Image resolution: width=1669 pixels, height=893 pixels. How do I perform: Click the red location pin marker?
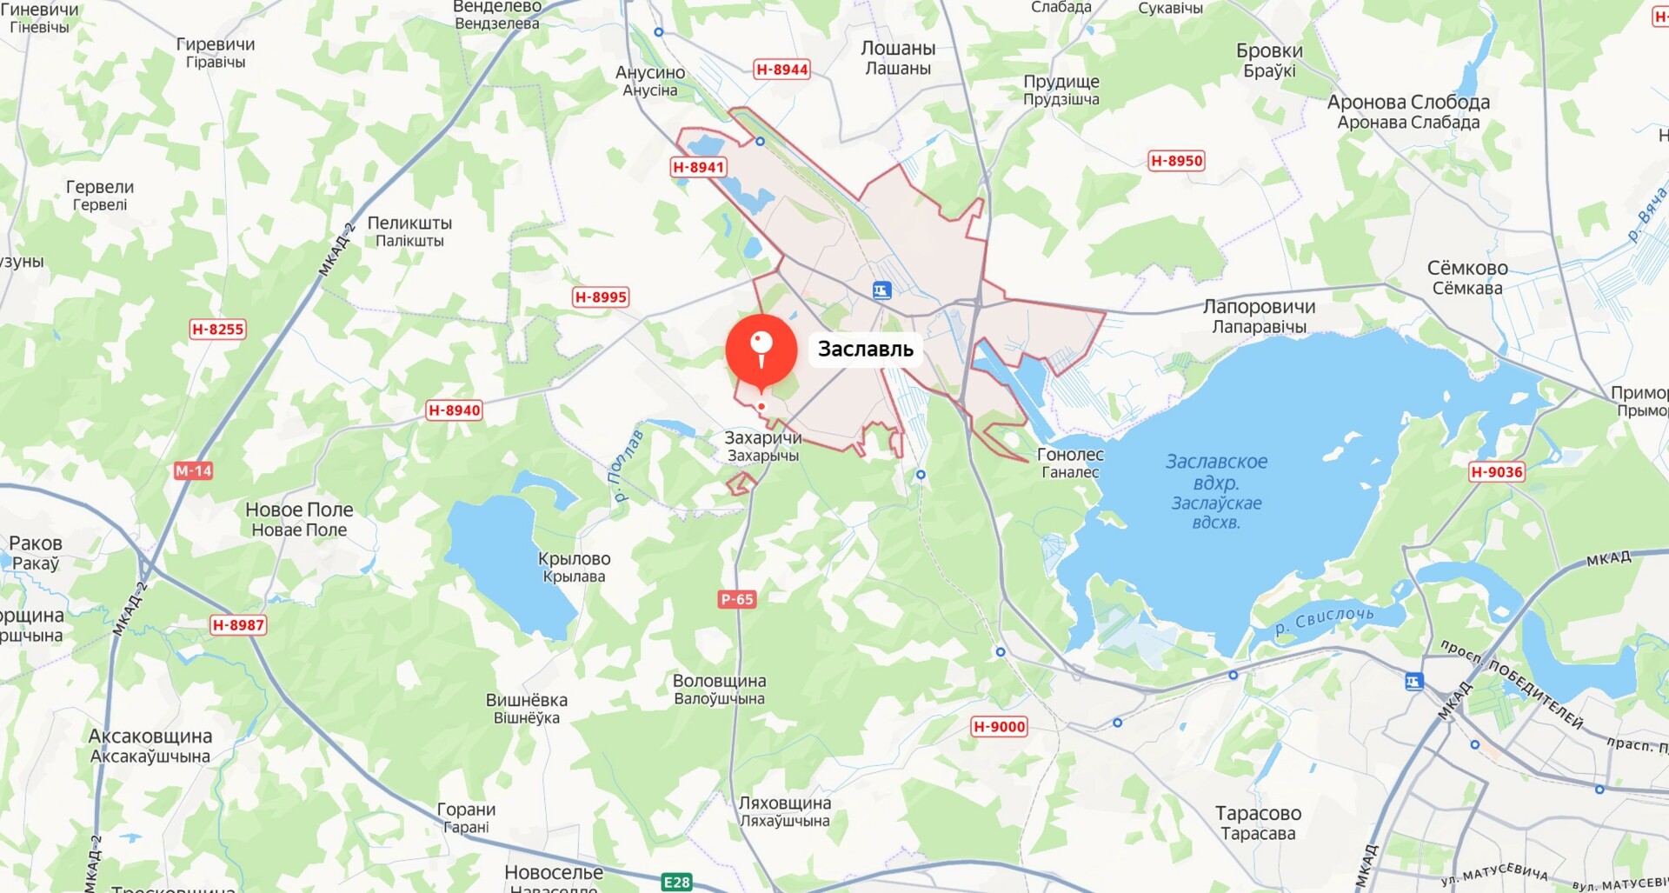point(761,350)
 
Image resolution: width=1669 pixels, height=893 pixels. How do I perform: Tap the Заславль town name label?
point(865,350)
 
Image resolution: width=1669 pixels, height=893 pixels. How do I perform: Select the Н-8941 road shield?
point(698,167)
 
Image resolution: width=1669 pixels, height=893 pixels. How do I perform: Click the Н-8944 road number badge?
point(781,70)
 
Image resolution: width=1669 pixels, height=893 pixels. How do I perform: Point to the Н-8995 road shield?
point(601,297)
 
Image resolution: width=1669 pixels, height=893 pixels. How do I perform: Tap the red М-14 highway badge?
point(193,471)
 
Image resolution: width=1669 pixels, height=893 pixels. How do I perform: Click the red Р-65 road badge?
point(737,599)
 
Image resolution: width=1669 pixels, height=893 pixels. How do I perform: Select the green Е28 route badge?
point(676,883)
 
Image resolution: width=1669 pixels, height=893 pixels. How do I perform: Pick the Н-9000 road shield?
point(999,727)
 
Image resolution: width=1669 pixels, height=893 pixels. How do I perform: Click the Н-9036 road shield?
point(1496,472)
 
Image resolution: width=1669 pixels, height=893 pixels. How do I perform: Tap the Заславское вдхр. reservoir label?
point(1216,491)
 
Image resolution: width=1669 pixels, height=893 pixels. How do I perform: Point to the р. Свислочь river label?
point(1324,621)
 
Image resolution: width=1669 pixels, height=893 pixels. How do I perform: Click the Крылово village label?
point(574,567)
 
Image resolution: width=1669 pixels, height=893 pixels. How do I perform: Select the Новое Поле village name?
point(299,519)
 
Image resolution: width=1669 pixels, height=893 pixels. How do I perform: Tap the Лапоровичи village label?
point(1259,316)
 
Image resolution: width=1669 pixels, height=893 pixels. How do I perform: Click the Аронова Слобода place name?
point(1408,111)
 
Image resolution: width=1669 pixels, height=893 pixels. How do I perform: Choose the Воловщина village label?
point(719,689)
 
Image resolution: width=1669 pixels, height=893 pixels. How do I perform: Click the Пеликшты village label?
point(409,231)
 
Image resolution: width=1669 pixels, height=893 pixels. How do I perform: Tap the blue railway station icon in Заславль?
point(881,291)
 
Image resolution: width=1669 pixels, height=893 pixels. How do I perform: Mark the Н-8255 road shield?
point(217,330)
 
